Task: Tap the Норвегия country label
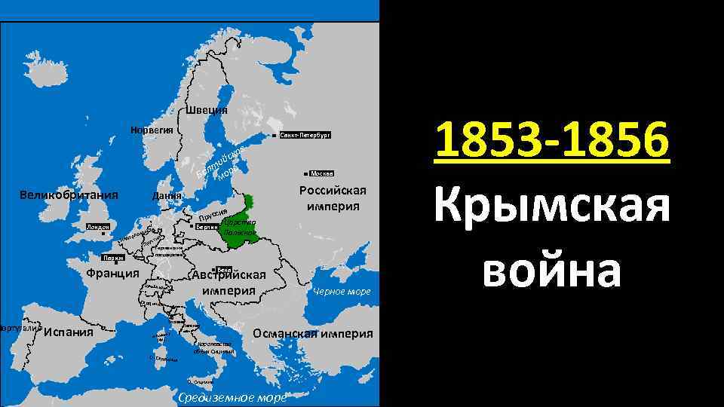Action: (x=152, y=130)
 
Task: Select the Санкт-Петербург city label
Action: (x=304, y=136)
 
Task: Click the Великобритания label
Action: (x=69, y=196)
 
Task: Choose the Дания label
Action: (x=167, y=197)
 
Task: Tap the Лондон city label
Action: (x=98, y=226)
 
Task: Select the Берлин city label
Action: (x=207, y=226)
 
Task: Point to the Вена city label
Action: (x=223, y=270)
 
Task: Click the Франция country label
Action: (x=112, y=274)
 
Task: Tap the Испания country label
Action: (x=69, y=332)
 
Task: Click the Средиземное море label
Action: (x=230, y=398)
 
